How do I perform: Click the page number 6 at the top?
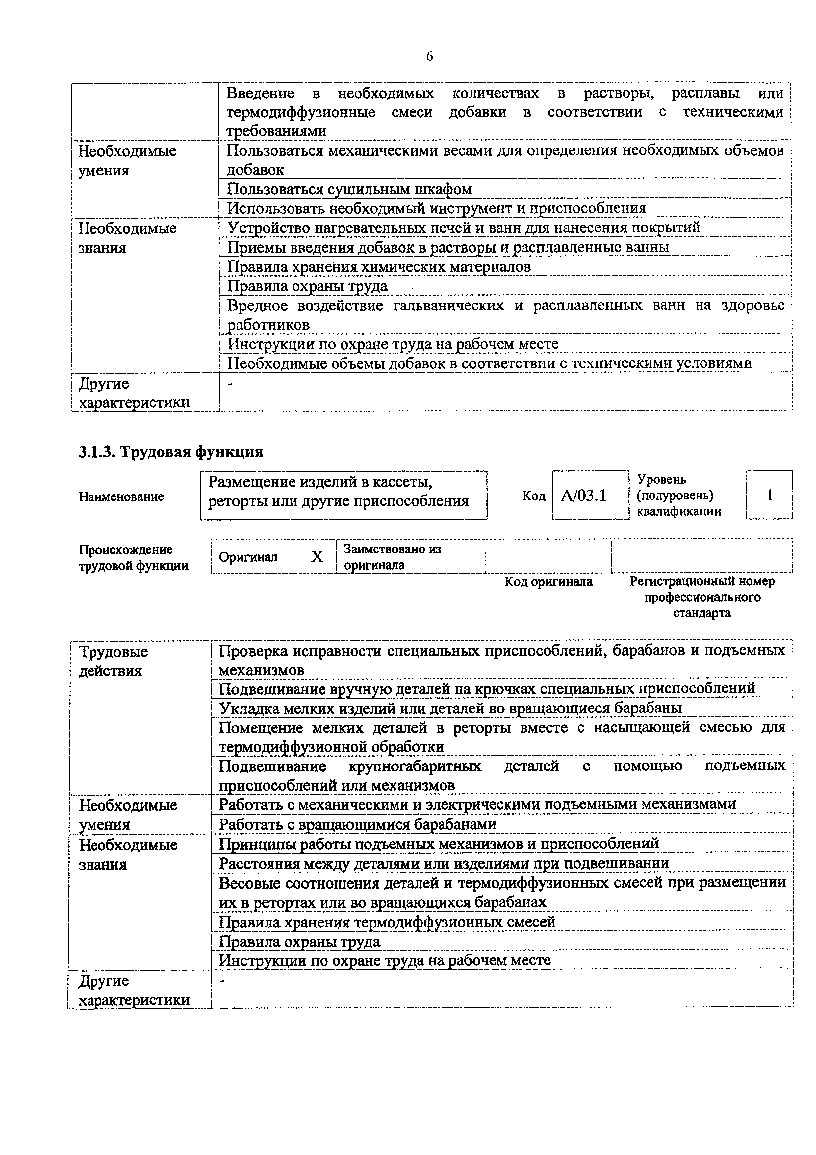pos(429,56)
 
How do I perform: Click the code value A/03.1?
pos(583,496)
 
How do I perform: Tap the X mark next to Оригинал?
pos(317,557)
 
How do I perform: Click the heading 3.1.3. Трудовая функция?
pos(171,452)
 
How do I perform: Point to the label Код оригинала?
pos(548,582)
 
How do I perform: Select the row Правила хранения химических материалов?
pos(379,267)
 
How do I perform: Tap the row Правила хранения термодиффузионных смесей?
pos(387,922)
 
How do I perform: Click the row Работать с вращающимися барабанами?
pos(357,824)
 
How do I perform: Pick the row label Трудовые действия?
pos(114,661)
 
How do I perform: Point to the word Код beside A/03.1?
pos(533,496)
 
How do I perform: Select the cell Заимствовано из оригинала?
pos(392,557)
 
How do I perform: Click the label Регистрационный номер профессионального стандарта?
pos(701,597)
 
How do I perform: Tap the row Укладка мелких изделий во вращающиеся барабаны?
pos(450,708)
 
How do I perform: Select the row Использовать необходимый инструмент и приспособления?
pos(436,208)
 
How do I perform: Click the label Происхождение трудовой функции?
pos(133,557)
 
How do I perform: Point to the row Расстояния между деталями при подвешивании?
pos(444,863)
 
